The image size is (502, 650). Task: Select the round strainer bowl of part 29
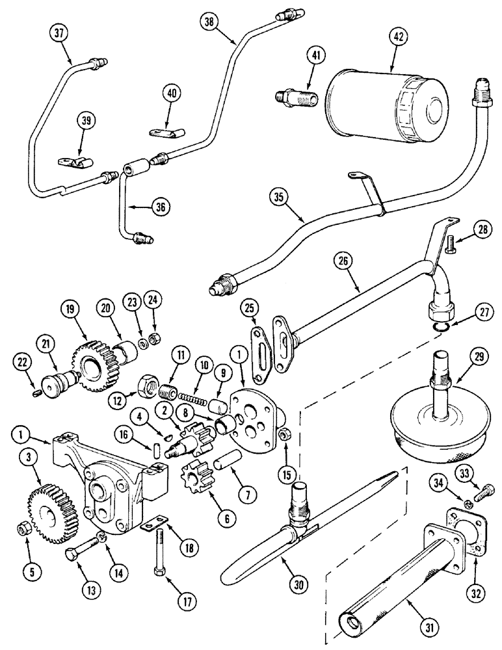(x=435, y=426)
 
